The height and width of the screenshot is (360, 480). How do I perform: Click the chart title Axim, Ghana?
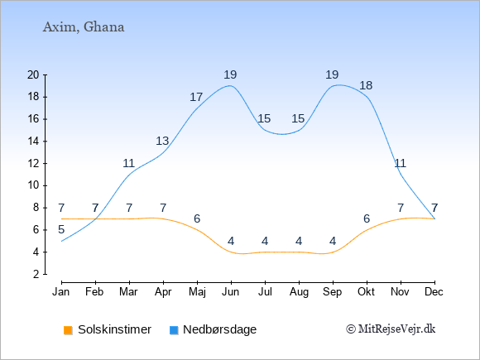coord(84,27)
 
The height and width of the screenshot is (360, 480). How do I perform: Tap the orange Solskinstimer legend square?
coord(68,330)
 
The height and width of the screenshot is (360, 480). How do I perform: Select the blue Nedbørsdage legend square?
coord(174,330)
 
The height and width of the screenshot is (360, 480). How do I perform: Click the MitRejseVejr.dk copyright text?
coord(391,329)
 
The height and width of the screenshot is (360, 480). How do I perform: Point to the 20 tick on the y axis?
coord(46,75)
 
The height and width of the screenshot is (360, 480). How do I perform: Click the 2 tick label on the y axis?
coord(36,274)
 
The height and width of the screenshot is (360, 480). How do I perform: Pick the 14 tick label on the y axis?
coord(33,142)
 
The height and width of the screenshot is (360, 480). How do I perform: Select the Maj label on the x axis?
coord(197,292)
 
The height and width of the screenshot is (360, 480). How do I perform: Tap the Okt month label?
coord(366,292)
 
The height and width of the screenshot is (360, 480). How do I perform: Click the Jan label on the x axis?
coord(61,292)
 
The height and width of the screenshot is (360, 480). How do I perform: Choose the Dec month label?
coord(434,292)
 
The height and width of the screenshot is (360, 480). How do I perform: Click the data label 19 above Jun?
coord(230,74)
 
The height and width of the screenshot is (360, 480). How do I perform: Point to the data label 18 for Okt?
coord(366,85)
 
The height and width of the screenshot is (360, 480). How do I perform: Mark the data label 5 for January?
coord(61,229)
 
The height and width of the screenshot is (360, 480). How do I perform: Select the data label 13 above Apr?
coord(162,141)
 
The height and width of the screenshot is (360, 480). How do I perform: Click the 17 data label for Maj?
coord(196,97)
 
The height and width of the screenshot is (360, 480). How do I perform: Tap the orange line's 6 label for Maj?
coord(197,218)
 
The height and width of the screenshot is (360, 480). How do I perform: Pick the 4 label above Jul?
coord(265,241)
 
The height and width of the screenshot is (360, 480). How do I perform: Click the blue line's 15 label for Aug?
coord(298,118)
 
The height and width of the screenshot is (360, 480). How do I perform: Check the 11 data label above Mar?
coord(129,163)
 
